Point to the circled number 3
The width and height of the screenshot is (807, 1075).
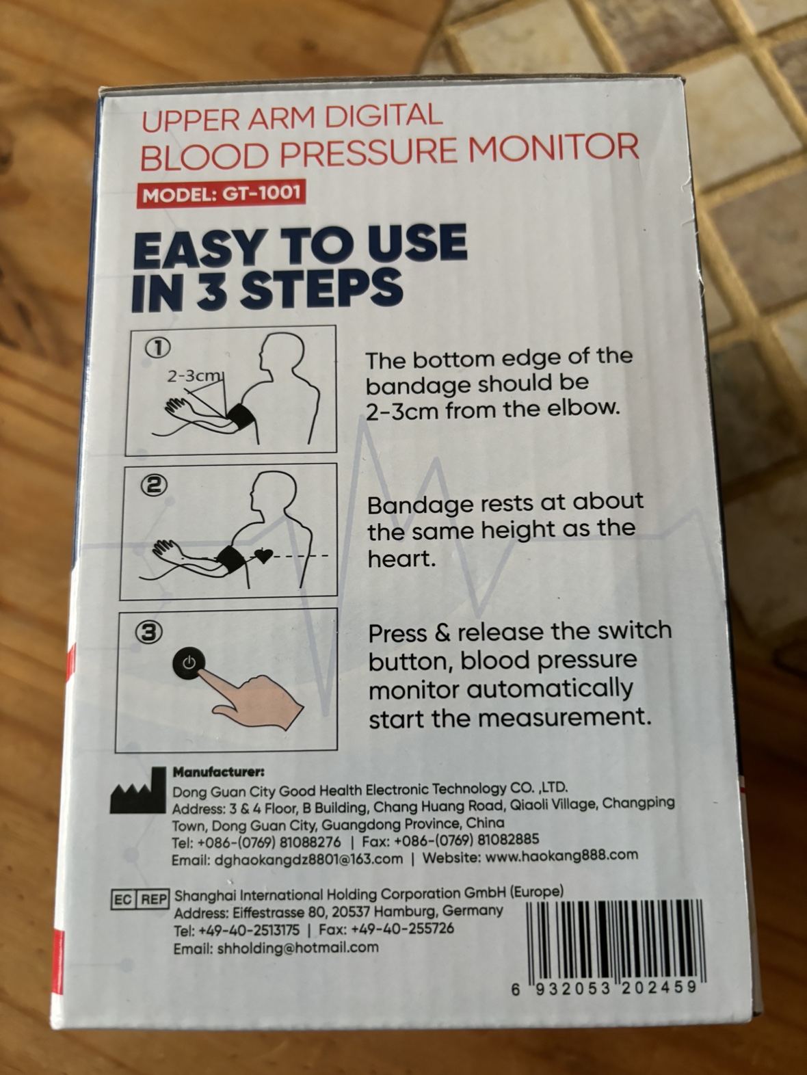coord(149,633)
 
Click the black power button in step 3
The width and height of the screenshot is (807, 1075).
coord(189,663)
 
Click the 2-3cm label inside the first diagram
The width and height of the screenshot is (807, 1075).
coord(194,376)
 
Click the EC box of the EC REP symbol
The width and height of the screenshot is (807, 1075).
coord(124,899)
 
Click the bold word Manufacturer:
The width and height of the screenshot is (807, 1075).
coord(219,772)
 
